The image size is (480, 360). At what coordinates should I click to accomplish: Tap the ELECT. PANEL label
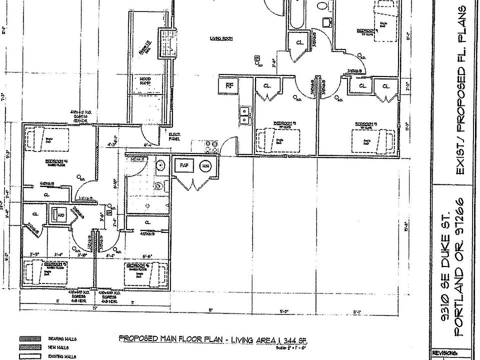(x=175, y=136)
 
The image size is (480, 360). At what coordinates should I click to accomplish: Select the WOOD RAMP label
(x=144, y=81)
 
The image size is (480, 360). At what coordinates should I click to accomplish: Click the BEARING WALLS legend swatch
(x=29, y=338)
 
